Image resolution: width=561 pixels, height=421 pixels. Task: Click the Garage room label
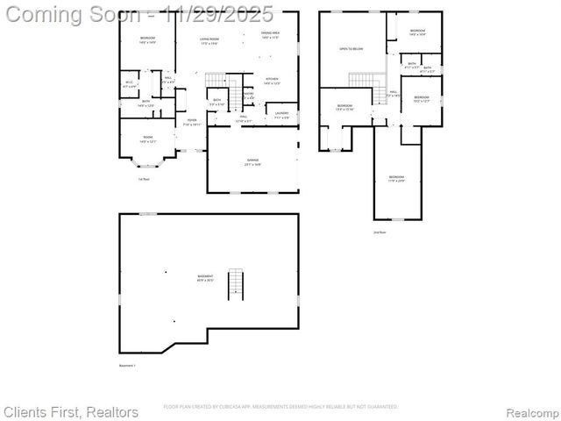252,161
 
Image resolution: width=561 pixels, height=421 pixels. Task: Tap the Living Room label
209,40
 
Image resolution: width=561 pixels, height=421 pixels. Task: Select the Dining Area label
270,35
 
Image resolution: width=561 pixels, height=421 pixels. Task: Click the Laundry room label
281,114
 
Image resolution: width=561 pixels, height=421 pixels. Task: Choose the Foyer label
191,122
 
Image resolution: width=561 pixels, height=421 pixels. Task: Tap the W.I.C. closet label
129,84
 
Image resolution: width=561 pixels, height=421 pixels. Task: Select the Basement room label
205,278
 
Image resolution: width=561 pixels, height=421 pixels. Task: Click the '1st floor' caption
143,180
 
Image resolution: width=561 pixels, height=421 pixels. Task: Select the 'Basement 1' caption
128,366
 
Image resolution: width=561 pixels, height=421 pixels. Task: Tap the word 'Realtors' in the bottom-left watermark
109,411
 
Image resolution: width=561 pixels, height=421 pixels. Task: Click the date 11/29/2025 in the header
224,14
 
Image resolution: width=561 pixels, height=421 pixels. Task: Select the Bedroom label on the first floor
146,39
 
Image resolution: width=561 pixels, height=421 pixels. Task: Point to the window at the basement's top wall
149,213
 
